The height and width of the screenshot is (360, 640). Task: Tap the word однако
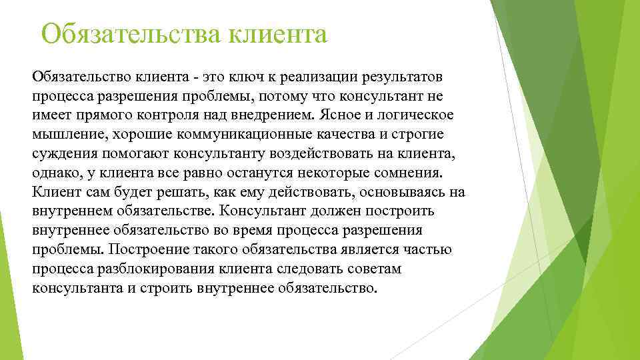56,173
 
